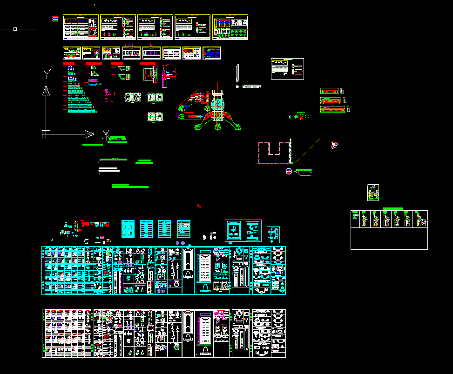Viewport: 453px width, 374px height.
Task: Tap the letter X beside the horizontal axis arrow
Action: click(106, 134)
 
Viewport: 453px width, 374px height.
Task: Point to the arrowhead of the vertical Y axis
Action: click(46, 90)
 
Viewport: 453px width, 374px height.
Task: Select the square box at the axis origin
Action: click(46, 134)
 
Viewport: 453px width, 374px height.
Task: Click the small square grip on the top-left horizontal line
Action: click(15, 29)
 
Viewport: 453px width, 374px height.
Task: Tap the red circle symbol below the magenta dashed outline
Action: click(289, 172)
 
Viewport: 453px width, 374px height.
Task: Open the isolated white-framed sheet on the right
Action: click(287, 69)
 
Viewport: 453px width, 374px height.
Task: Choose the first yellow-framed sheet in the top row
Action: click(81, 27)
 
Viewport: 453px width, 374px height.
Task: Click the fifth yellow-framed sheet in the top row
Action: click(230, 27)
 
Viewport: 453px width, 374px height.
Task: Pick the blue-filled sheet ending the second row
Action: click(212, 53)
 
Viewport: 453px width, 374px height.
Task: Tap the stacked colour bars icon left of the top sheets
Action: click(55, 19)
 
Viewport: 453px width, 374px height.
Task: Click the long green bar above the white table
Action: click(392, 208)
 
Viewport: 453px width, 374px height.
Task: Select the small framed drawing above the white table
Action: click(373, 193)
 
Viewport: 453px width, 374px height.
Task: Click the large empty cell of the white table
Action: click(389, 239)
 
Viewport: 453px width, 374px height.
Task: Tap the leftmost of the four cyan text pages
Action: click(128, 229)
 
